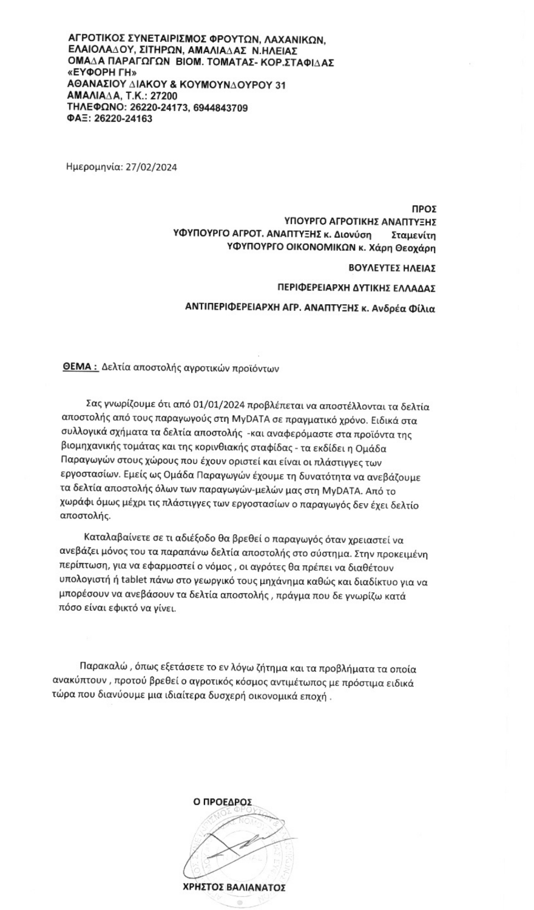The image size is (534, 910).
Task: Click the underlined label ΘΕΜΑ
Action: click(80, 367)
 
